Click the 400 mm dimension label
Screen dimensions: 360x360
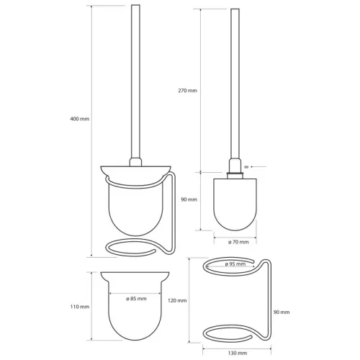click(80, 119)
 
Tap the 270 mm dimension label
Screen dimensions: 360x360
click(188, 91)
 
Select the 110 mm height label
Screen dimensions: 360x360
click(80, 307)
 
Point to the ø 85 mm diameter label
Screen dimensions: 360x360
click(136, 299)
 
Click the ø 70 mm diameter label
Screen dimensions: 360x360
click(238, 242)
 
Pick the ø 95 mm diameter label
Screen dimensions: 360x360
click(235, 264)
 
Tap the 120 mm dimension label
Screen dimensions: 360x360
click(177, 300)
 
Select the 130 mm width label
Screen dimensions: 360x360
click(238, 353)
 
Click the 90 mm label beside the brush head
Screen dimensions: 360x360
click(189, 199)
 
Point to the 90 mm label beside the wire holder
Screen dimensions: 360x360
click(282, 312)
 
